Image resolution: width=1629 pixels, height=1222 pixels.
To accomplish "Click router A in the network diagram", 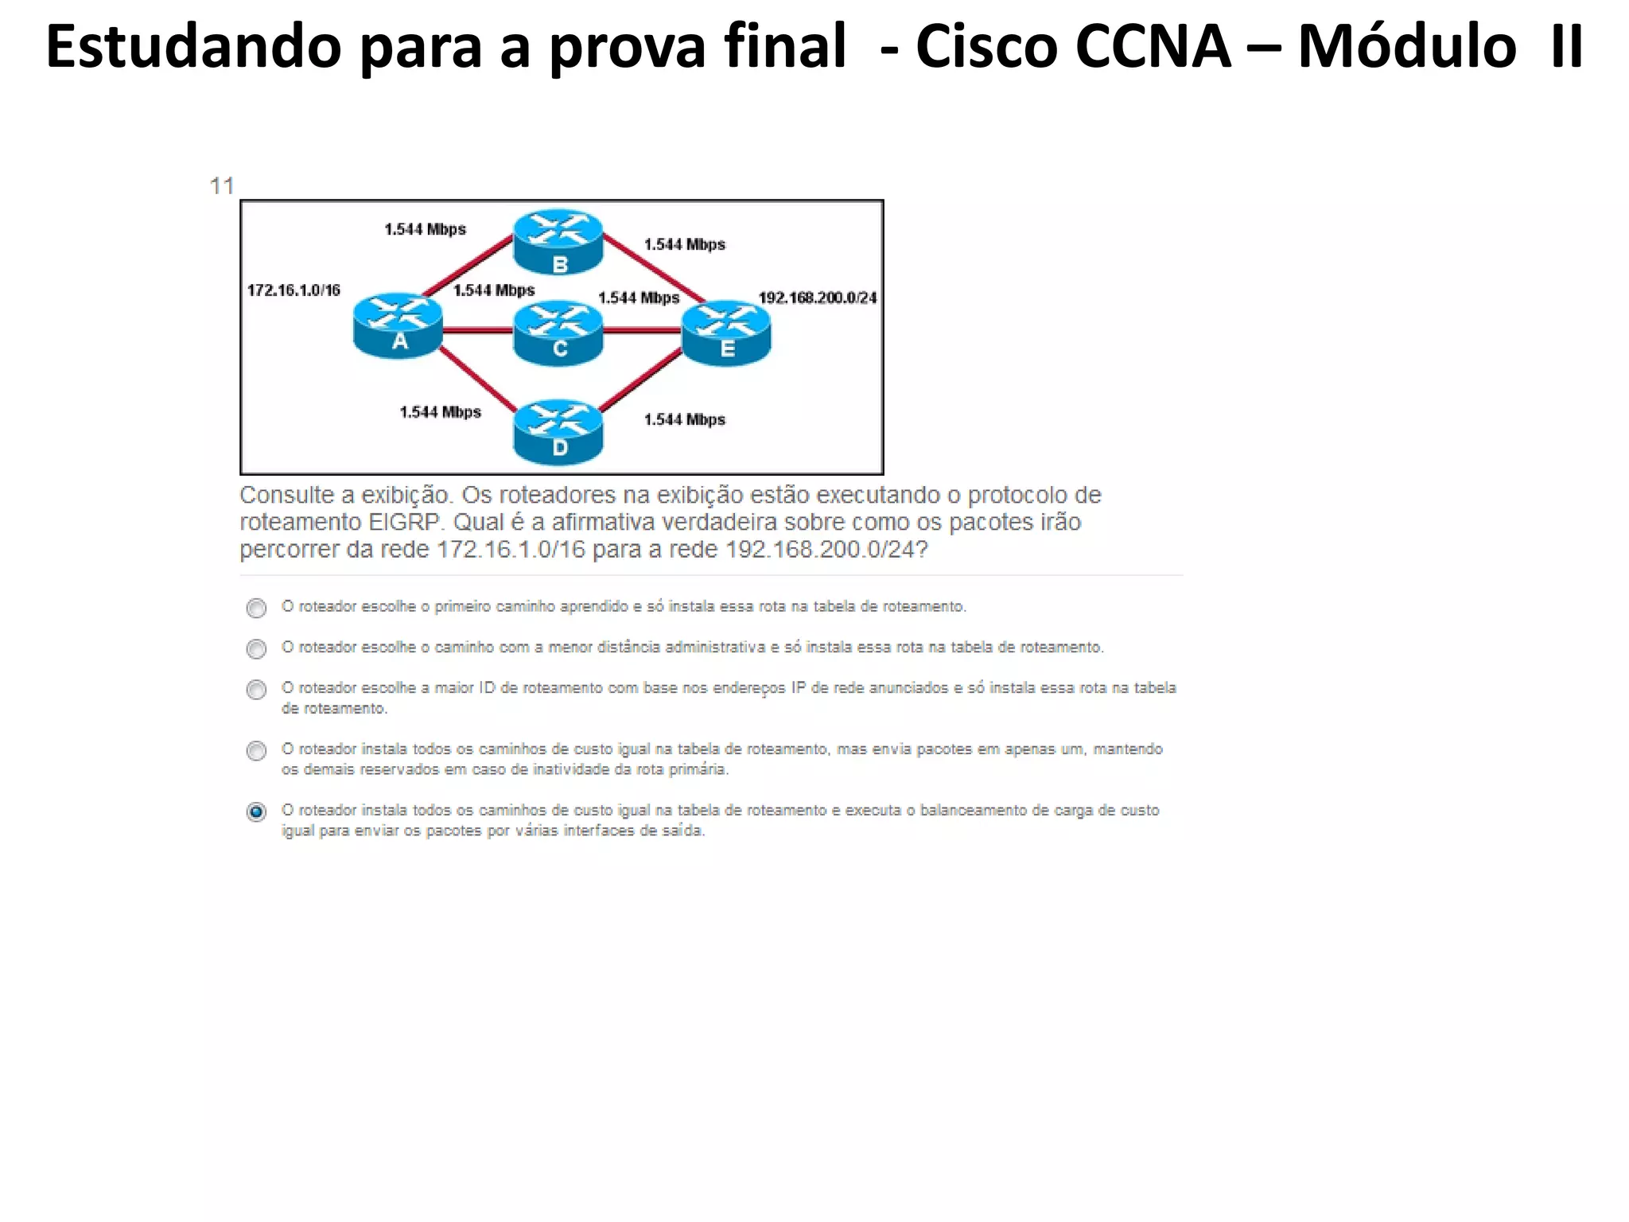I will point(398,325).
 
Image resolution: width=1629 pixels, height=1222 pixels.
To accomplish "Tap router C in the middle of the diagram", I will point(558,332).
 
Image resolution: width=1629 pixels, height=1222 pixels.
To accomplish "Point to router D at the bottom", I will point(558,431).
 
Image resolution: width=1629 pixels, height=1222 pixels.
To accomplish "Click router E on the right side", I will point(726,332).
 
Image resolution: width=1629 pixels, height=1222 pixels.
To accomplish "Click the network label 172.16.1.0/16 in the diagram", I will point(294,290).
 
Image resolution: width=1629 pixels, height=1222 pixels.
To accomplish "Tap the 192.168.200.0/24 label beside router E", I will point(817,298).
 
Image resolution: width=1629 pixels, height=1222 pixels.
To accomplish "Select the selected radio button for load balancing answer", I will point(256,812).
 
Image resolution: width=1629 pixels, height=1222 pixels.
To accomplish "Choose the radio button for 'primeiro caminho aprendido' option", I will point(256,609).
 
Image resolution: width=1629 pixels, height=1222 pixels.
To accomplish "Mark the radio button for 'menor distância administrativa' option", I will point(256,649).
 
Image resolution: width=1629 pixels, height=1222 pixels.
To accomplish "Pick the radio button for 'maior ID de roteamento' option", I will point(256,690).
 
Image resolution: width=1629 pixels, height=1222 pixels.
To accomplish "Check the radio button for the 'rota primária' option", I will point(256,751).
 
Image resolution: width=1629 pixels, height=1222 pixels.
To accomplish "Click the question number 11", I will point(222,186).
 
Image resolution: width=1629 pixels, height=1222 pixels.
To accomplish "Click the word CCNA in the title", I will point(1152,47).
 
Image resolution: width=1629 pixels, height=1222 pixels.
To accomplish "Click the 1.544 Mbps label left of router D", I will point(440,412).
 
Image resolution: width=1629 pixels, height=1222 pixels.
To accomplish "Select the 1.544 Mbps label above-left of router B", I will point(425,229).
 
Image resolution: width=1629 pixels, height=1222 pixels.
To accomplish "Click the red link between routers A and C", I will point(477,330).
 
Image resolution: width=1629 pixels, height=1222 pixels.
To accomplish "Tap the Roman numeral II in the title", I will point(1565,47).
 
